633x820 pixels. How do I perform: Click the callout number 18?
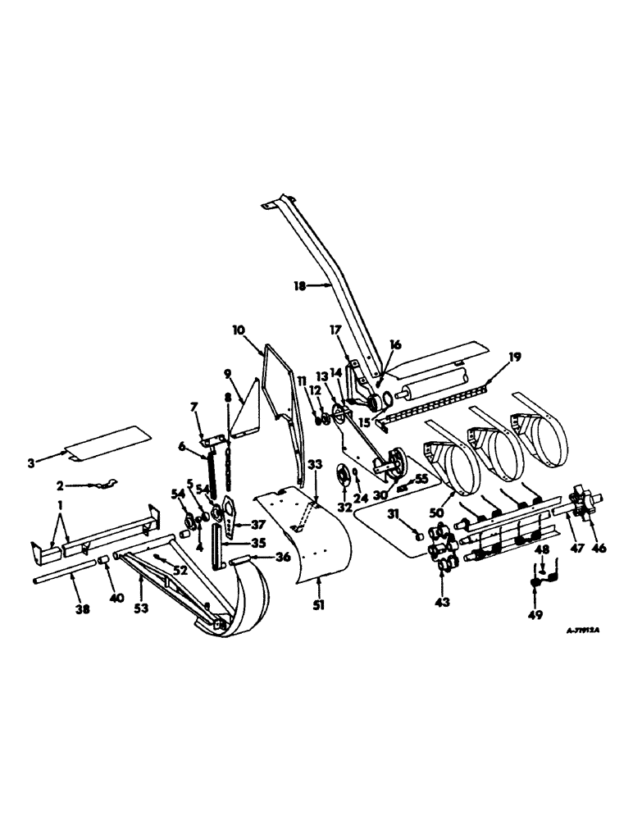tap(299, 286)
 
